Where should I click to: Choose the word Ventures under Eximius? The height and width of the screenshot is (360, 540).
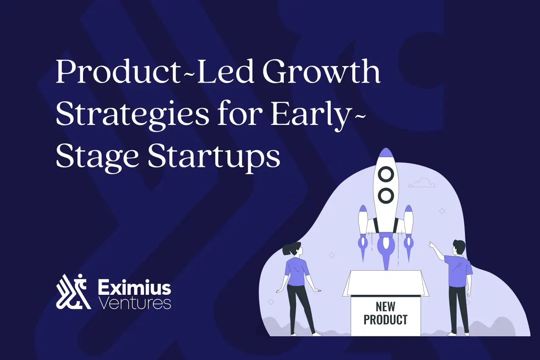pyautogui.click(x=134, y=303)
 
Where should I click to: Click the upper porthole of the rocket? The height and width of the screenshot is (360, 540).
pyautogui.click(x=386, y=174)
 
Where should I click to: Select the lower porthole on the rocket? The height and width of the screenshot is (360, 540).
pyautogui.click(x=386, y=195)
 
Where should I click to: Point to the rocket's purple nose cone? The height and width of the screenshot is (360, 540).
pyautogui.click(x=385, y=153)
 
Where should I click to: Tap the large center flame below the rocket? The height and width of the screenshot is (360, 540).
pyautogui.click(x=385, y=254)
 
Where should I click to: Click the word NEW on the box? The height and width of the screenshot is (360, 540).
pyautogui.click(x=385, y=306)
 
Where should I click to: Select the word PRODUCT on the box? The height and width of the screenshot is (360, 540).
pyautogui.click(x=385, y=319)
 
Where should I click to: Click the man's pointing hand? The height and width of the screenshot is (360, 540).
pyautogui.click(x=431, y=244)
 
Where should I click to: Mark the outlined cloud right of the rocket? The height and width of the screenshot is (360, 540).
pyautogui.click(x=421, y=183)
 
